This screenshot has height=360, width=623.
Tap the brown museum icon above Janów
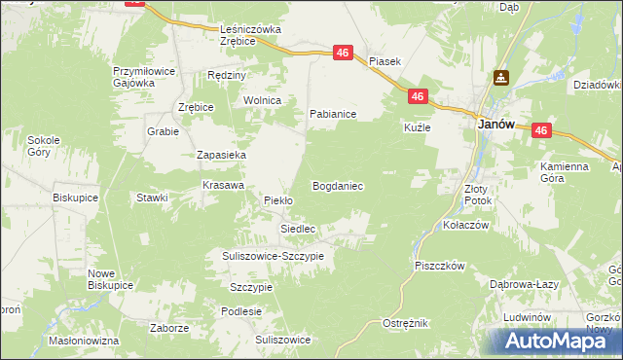tap(501, 78)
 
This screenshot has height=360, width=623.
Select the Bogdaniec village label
tap(337, 185)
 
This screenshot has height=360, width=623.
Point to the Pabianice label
tap(333, 115)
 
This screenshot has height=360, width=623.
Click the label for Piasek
tap(385, 60)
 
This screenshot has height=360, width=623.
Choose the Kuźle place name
tap(417, 127)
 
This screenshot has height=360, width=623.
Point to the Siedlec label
tap(298, 229)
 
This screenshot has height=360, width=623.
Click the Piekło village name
tap(278, 201)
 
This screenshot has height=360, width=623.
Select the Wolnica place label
tap(262, 101)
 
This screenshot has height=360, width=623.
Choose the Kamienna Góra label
tap(565, 172)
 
